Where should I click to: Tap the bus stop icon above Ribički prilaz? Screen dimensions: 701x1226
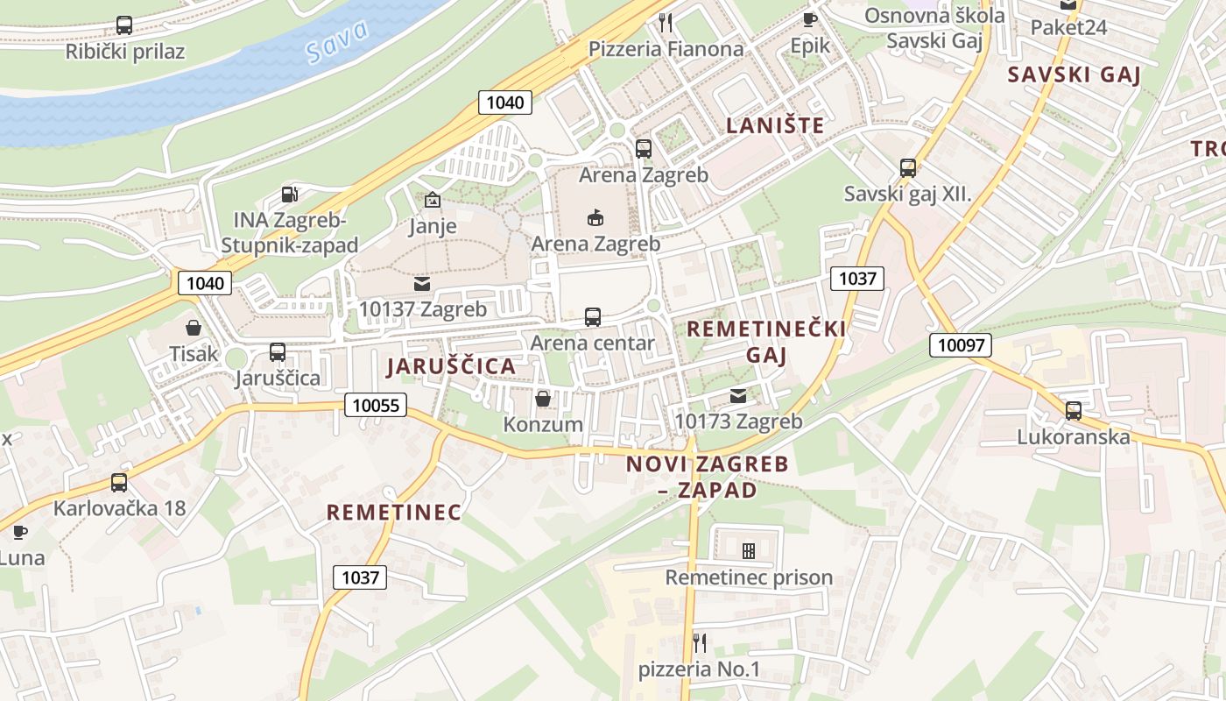tap(124, 25)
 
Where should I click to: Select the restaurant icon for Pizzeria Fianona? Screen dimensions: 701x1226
tap(666, 22)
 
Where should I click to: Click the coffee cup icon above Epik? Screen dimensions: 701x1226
tap(809, 18)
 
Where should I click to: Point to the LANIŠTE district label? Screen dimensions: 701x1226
tap(775, 125)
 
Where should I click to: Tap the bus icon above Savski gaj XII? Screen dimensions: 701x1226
tap(908, 167)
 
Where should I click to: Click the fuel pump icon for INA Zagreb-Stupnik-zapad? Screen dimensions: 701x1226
tap(290, 194)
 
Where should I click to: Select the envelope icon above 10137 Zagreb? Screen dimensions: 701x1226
tap(422, 284)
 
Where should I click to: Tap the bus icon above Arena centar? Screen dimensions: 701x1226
tap(593, 316)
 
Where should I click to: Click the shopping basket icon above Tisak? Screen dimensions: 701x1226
tap(193, 328)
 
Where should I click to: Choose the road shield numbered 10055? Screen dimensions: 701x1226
tap(376, 405)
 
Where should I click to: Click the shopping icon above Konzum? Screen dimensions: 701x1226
tap(543, 399)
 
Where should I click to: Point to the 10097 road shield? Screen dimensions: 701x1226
tap(961, 345)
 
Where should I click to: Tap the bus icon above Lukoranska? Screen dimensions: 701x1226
tap(1074, 410)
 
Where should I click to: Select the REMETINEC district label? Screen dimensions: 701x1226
tap(394, 513)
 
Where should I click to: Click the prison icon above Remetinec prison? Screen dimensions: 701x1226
tap(749, 551)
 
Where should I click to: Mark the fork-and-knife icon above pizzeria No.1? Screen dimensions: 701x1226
tap(699, 643)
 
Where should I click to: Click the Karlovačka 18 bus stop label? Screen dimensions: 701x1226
tap(120, 508)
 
